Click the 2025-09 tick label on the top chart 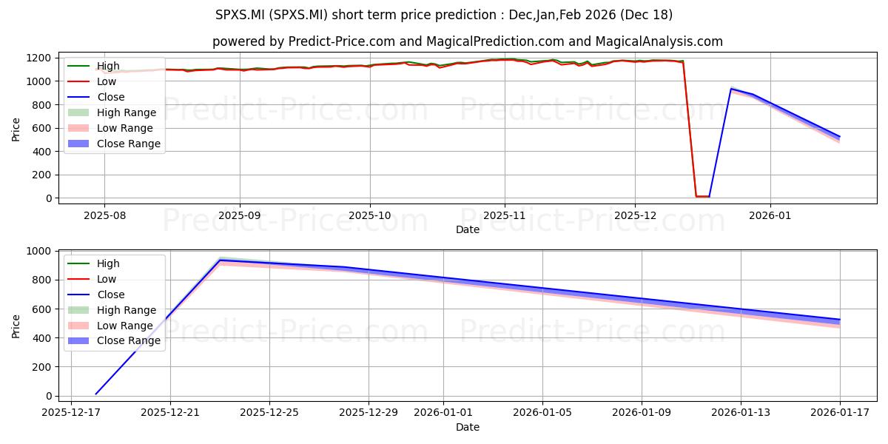(240, 215)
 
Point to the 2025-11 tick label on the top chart (504, 215)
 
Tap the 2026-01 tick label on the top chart (770, 215)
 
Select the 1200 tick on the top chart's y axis (38, 58)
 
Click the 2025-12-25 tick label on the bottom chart (269, 413)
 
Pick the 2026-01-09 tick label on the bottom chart (642, 413)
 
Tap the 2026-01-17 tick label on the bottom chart (840, 413)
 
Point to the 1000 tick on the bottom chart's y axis (38, 252)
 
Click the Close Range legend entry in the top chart (114, 144)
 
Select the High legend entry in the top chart (93, 66)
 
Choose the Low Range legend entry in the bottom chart (110, 326)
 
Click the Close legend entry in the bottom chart (96, 295)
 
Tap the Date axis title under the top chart (468, 229)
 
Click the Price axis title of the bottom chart (16, 326)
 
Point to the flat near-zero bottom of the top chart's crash (702, 196)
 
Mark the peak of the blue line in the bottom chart (220, 260)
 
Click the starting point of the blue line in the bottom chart (95, 394)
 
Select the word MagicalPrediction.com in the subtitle (495, 41)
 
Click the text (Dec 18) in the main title (646, 15)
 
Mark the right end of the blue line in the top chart (839, 137)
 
